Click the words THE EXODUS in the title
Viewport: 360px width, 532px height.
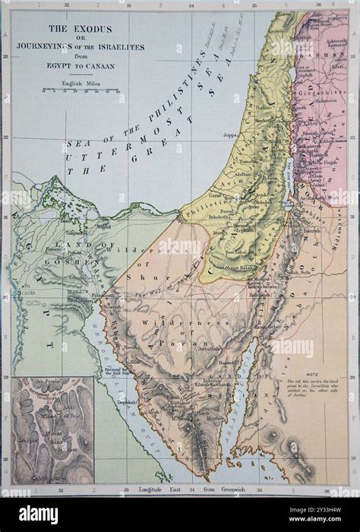tap(79, 28)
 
